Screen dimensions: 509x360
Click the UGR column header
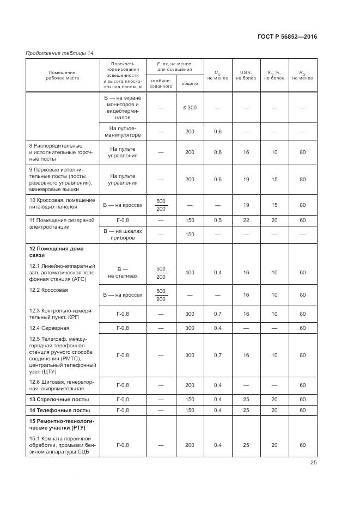246,75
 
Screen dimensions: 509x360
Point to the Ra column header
302,75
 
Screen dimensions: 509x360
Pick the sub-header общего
190,83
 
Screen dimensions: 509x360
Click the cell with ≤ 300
190,108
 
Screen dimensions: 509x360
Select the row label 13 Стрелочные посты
55,399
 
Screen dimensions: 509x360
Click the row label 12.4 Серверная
49,328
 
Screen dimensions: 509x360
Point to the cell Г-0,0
123,399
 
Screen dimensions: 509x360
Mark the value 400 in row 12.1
190,272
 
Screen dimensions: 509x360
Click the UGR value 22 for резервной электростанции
246,220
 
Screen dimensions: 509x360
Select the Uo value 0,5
218,220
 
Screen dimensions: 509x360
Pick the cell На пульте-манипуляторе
123,131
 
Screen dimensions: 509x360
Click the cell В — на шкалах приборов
123,234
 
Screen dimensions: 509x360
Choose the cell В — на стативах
123,272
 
